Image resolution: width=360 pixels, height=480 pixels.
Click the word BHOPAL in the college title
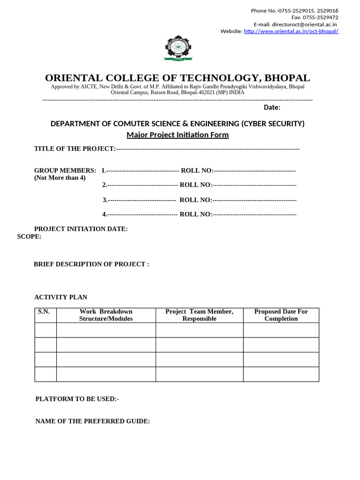(286, 78)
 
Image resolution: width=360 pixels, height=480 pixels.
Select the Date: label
(272, 107)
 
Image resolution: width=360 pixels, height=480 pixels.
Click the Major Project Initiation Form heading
(178, 135)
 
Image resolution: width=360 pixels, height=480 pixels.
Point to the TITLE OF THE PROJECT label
(75, 149)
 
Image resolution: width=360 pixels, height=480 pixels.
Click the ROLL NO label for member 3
(195, 200)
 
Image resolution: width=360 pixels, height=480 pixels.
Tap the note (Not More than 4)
(60, 178)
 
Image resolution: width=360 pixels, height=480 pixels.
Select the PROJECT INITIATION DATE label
(81, 229)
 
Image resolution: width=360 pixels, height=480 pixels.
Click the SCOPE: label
(29, 237)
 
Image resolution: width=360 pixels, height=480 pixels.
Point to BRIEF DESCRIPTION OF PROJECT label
(91, 264)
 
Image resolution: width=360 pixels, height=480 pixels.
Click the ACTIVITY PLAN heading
(61, 297)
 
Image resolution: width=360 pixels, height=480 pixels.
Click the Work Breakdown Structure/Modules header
(106, 315)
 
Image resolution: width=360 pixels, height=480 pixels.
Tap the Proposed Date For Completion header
(281, 315)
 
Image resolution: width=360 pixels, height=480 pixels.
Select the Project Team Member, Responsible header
(199, 315)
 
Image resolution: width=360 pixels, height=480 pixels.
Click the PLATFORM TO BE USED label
(77, 399)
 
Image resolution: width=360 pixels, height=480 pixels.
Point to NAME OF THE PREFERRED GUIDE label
(93, 421)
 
